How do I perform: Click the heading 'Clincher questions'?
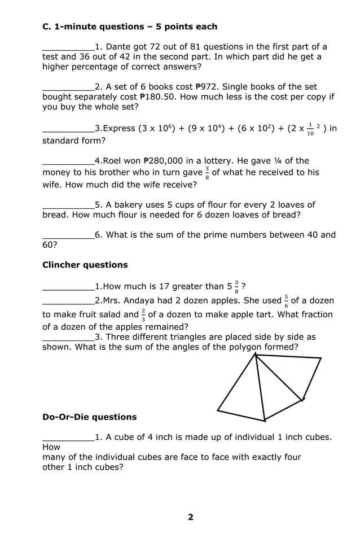(85, 265)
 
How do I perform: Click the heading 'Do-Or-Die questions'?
(90, 417)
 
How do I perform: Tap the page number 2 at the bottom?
(190, 517)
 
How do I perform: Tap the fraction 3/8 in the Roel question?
(207, 172)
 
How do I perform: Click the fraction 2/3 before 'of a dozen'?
(143, 314)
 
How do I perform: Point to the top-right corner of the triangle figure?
(321, 358)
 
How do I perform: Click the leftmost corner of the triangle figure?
(218, 410)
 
